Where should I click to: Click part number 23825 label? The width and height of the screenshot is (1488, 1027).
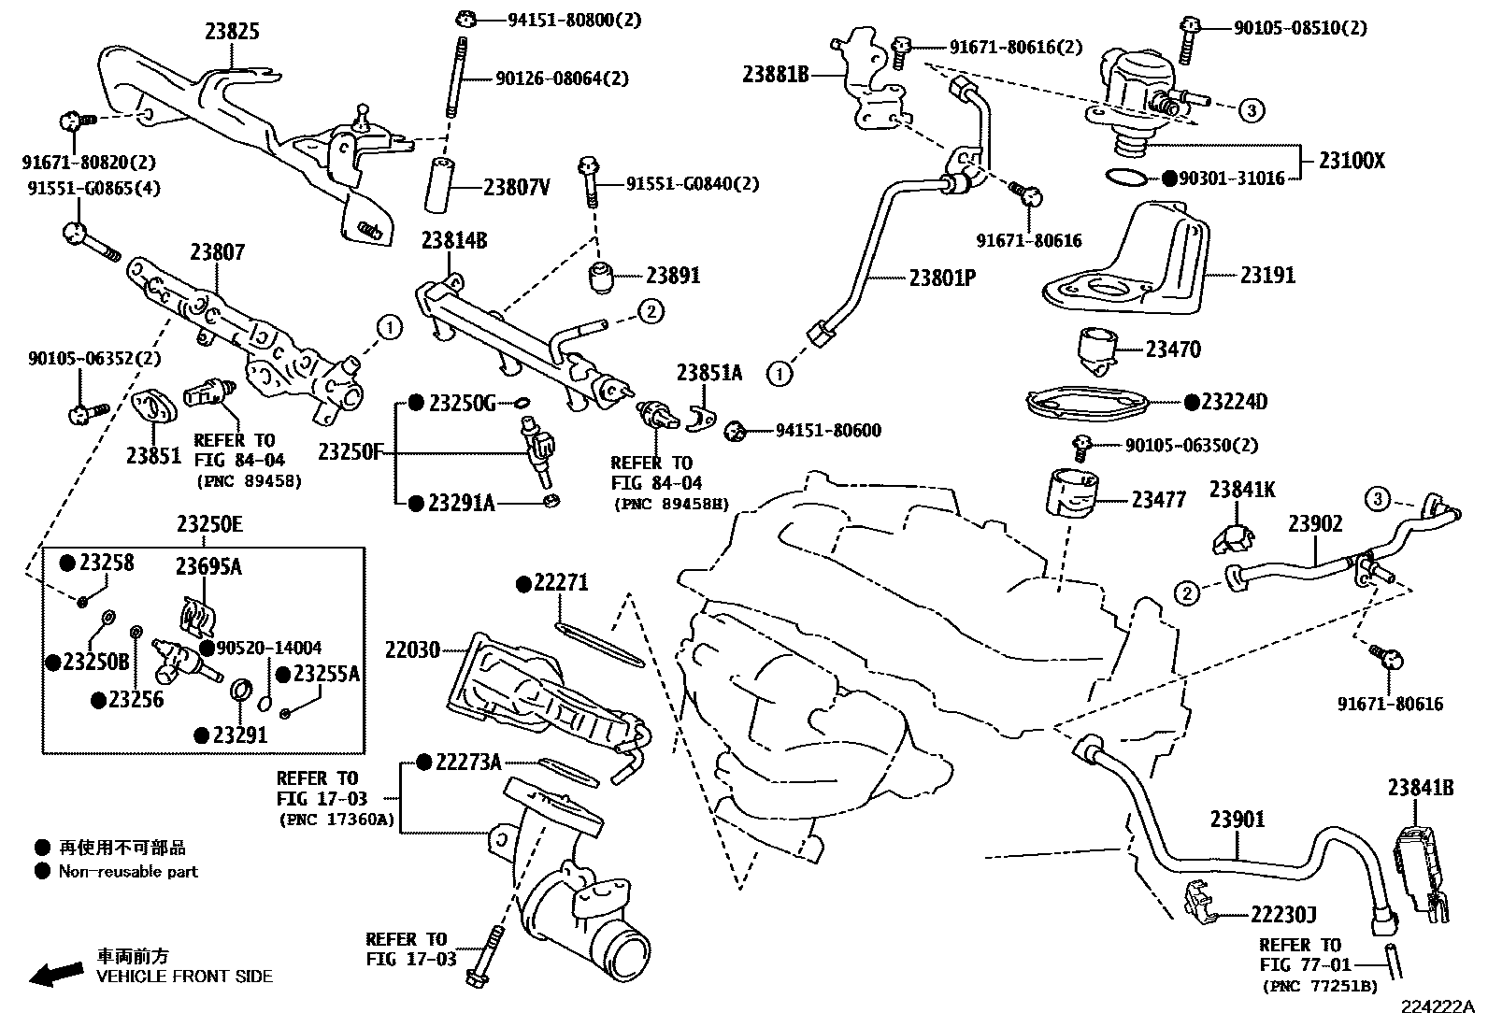232,33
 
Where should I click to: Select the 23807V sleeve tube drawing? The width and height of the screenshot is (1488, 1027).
443,185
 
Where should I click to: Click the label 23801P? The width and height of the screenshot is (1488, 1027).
942,278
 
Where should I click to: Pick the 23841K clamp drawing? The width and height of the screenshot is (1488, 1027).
1236,536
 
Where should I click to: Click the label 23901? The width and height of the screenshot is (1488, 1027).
1238,820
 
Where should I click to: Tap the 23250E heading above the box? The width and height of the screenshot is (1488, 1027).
209,525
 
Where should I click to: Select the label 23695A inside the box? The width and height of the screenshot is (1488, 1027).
207,566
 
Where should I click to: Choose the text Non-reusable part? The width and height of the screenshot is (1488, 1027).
128,872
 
